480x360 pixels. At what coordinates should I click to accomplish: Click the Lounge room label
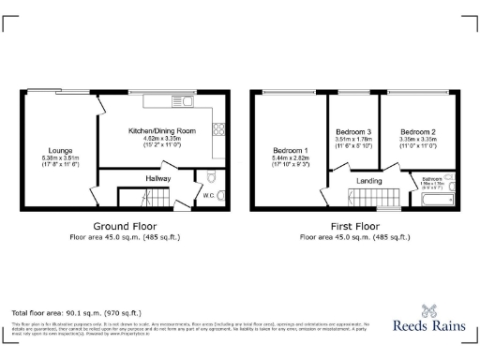pyautogui.click(x=61, y=150)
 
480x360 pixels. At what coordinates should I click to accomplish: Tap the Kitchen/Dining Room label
pyautogui.click(x=162, y=130)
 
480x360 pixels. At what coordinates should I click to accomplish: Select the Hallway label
pyautogui.click(x=157, y=176)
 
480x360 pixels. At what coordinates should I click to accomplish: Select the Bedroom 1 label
pyautogui.click(x=290, y=150)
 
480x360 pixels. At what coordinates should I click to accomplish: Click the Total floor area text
pyautogui.click(x=76, y=311)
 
